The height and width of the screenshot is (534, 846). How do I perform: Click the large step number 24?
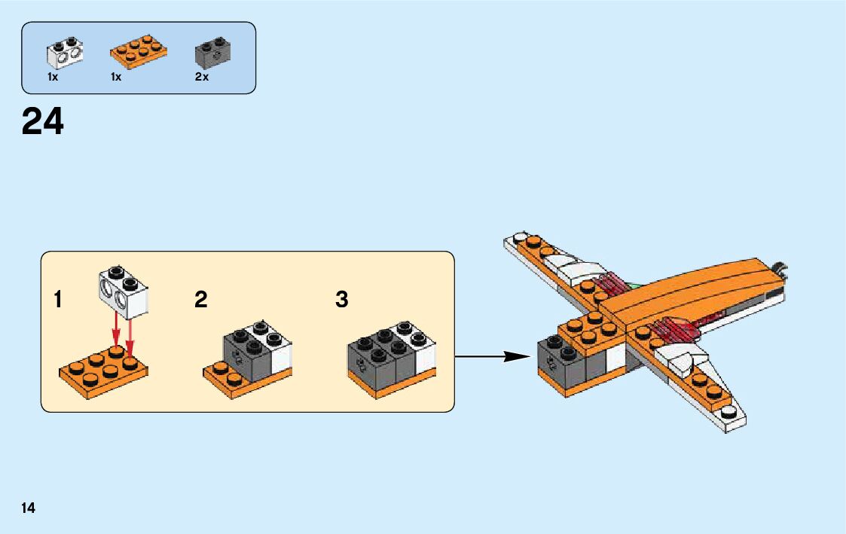tap(43, 121)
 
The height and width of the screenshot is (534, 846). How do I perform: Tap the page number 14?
tap(28, 508)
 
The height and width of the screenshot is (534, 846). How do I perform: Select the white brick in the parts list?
tap(65, 50)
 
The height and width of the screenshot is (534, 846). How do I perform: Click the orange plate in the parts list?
tap(139, 50)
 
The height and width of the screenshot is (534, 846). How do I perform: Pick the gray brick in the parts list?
tap(212, 50)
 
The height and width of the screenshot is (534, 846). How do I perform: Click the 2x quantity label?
tap(201, 77)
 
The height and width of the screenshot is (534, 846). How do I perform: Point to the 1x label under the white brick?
tap(53, 77)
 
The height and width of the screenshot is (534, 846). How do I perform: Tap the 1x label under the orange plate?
tap(116, 77)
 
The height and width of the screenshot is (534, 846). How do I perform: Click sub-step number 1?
tap(58, 300)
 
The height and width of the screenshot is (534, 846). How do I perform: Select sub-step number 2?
tap(200, 300)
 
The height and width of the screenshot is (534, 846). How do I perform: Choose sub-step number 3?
tap(342, 300)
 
